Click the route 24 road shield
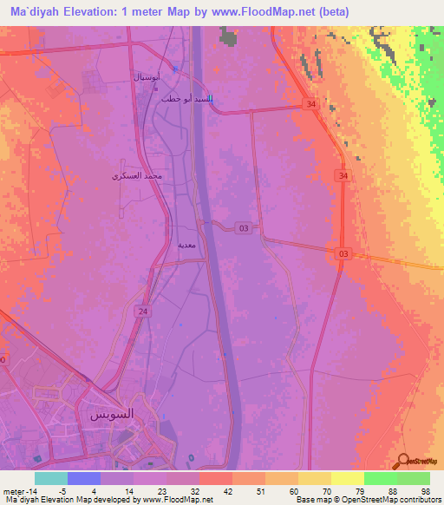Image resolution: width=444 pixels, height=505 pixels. (x=140, y=311)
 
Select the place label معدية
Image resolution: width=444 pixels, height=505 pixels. (x=186, y=246)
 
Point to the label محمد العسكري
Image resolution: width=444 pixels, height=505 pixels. (x=142, y=176)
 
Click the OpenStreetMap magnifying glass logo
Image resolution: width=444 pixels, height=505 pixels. (x=403, y=459)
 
